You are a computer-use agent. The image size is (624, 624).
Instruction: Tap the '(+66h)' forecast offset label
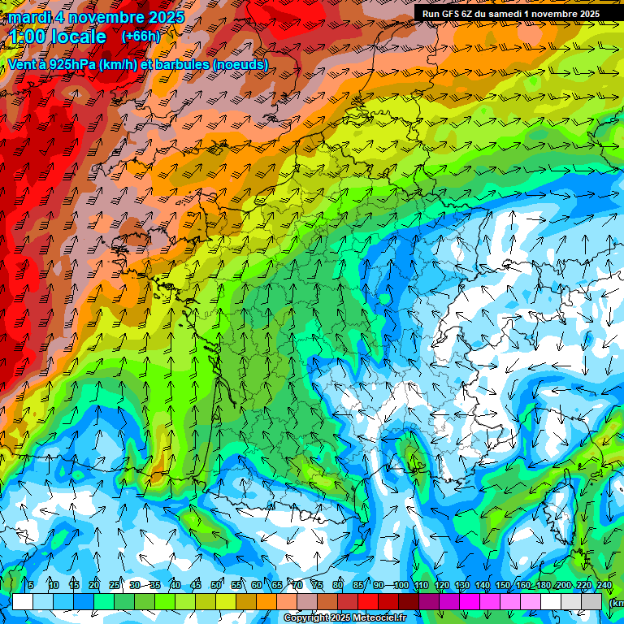(x=140, y=37)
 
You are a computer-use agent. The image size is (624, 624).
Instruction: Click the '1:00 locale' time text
(x=58, y=37)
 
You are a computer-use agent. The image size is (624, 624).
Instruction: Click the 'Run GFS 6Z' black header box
(x=511, y=14)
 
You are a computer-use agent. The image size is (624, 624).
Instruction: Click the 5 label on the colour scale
(x=31, y=586)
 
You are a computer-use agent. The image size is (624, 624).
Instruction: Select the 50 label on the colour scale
(x=216, y=586)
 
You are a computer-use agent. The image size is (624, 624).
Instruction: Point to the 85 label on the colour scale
(x=358, y=586)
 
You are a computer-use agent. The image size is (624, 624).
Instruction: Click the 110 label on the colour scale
(x=422, y=586)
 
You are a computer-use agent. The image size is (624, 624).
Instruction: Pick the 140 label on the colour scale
(x=483, y=586)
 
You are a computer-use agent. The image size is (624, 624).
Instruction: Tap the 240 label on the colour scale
(x=604, y=586)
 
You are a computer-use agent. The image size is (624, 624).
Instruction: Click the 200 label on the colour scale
(x=563, y=586)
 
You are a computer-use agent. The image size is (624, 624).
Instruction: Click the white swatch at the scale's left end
(x=23, y=601)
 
